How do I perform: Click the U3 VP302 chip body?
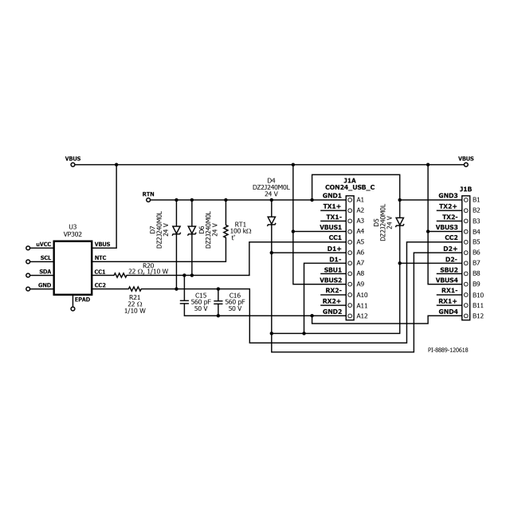click(73, 268)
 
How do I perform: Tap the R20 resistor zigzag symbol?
click(120, 276)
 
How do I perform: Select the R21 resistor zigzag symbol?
click(135, 288)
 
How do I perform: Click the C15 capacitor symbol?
click(184, 302)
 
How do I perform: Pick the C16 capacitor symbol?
click(218, 302)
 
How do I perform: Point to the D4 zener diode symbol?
click(271, 221)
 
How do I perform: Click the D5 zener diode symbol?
click(400, 222)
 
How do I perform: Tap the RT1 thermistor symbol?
click(226, 231)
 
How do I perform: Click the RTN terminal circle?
click(148, 200)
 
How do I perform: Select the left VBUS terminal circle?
click(73, 165)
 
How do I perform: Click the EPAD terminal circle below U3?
click(73, 308)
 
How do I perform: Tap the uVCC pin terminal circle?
click(28, 248)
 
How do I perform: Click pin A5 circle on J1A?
click(350, 242)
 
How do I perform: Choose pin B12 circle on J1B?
click(465, 316)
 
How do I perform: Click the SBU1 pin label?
click(333, 270)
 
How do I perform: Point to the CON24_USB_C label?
click(350, 187)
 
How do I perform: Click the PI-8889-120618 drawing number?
click(448, 350)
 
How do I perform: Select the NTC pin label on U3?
click(100, 258)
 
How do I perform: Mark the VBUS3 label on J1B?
click(446, 227)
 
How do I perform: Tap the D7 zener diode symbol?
click(177, 230)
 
